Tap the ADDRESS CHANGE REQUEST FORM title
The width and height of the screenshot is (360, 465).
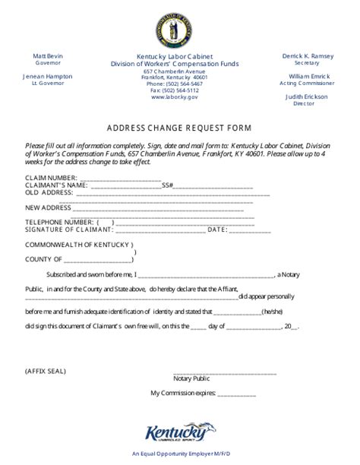(x=179, y=128)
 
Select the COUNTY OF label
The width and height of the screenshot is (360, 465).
(x=46, y=260)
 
